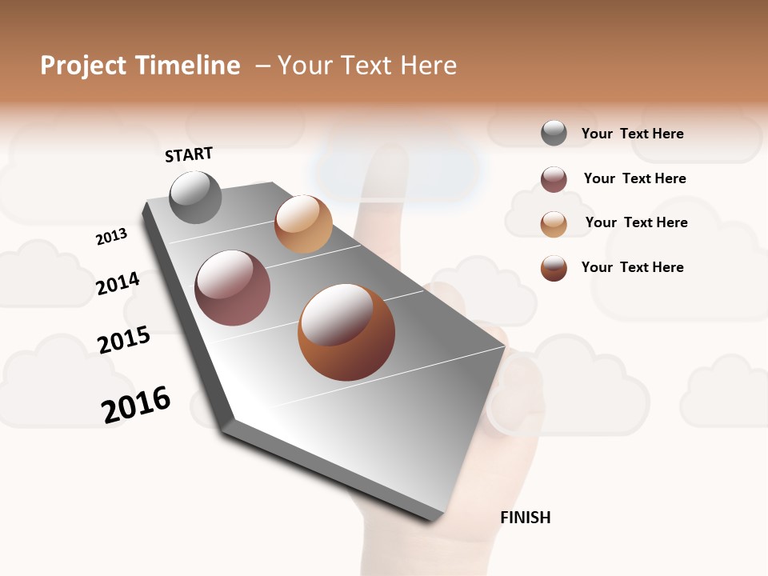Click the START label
click(x=189, y=154)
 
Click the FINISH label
click(x=526, y=518)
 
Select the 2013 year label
click(x=112, y=237)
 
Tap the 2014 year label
click(x=118, y=284)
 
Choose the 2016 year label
click(x=136, y=405)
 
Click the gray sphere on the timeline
click(x=195, y=197)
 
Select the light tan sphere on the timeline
click(x=303, y=224)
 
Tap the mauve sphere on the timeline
click(x=233, y=288)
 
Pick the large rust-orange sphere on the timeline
click(x=346, y=332)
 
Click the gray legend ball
click(x=554, y=133)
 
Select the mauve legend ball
click(x=554, y=179)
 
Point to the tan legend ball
click(x=554, y=224)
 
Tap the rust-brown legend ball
click(x=554, y=268)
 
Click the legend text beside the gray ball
click(x=633, y=134)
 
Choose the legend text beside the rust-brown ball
click(x=633, y=267)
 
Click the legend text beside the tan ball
click(x=636, y=222)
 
